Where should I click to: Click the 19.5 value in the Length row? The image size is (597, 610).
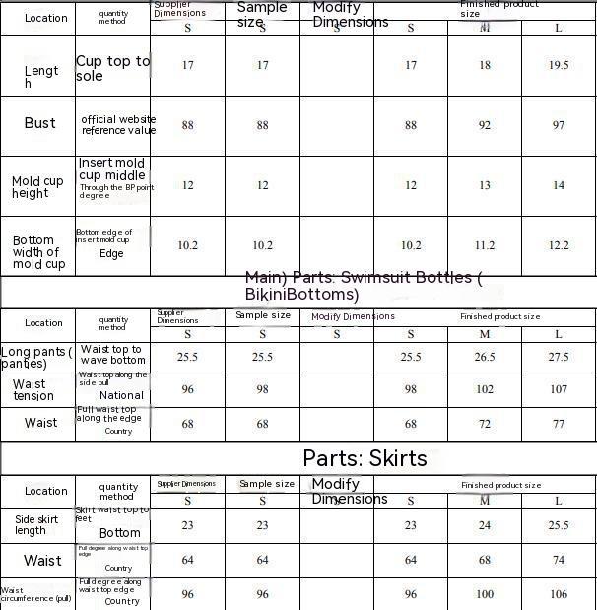(x=559, y=65)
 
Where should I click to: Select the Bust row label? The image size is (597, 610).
(x=40, y=123)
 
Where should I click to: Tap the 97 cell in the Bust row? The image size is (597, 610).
(x=559, y=125)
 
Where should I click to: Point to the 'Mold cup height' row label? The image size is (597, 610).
(x=37, y=187)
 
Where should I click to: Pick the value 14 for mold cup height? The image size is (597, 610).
(x=559, y=185)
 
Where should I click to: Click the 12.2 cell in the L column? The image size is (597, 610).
(x=559, y=245)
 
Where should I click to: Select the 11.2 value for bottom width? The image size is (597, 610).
(x=485, y=245)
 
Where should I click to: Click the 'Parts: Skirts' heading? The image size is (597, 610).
(x=365, y=458)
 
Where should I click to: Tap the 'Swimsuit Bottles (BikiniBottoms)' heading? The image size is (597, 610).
(x=363, y=286)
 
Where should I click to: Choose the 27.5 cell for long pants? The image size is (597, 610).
(x=559, y=357)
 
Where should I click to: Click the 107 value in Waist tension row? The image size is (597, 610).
(x=559, y=389)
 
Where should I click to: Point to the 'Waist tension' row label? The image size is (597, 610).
(x=33, y=390)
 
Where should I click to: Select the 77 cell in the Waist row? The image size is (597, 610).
(x=559, y=423)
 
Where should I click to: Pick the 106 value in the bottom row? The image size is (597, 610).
(x=559, y=594)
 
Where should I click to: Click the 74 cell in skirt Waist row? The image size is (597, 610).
(x=559, y=560)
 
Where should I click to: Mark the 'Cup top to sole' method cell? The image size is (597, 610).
(x=113, y=68)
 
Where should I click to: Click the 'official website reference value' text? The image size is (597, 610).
(x=118, y=125)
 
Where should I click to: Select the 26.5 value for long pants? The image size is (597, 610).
(x=485, y=357)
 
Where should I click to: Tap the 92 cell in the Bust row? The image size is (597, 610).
(x=485, y=125)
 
